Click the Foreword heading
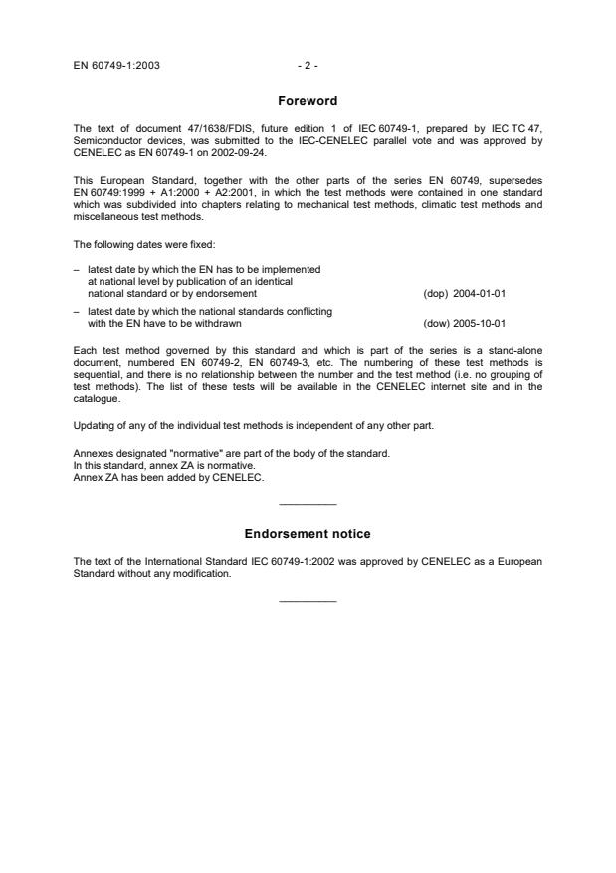(308, 101)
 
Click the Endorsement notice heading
(308, 534)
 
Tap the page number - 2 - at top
(308, 66)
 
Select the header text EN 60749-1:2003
(116, 66)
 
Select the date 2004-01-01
(480, 294)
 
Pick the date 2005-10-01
(480, 323)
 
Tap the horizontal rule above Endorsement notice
(308, 505)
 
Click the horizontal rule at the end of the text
(308, 601)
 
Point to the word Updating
(96, 426)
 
